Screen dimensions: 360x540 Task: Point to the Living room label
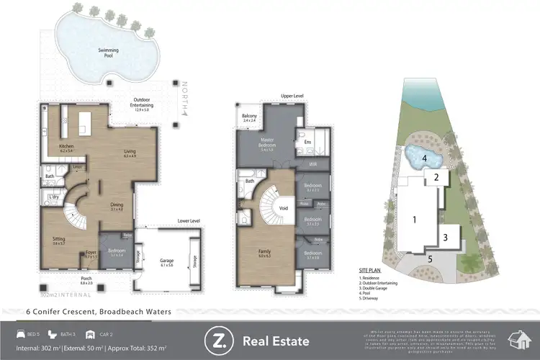point(130,153)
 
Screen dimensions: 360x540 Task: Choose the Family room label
point(264,252)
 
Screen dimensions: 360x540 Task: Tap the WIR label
point(312,164)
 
